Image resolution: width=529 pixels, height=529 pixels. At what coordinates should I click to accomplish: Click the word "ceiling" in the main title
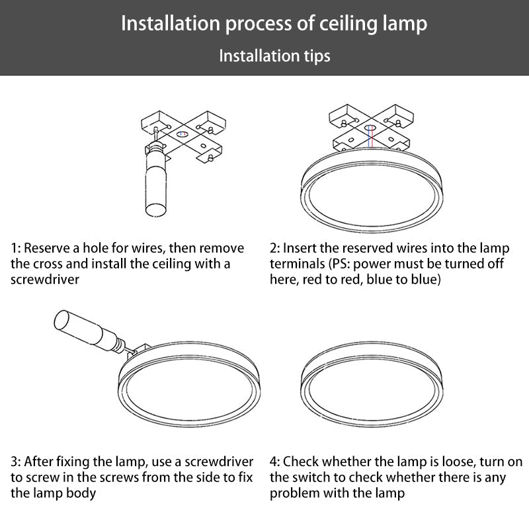[x=348, y=24]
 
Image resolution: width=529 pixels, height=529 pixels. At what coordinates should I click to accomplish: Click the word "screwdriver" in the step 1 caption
[x=45, y=279]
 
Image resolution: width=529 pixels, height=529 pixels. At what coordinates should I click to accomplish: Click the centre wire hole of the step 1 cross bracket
[x=183, y=134]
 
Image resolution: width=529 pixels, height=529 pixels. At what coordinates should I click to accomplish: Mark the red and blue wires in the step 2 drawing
[x=371, y=137]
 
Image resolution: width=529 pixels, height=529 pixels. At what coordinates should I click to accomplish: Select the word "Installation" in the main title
[x=171, y=24]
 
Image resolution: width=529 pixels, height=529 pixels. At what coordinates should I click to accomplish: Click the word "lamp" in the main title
[x=405, y=24]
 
